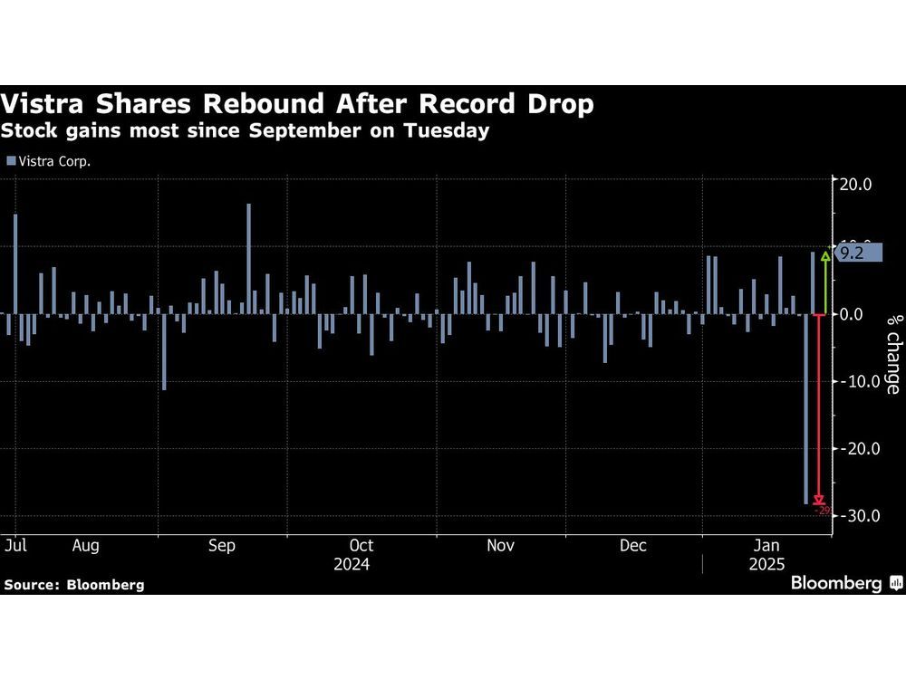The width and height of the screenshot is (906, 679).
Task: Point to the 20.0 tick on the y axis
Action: click(x=855, y=184)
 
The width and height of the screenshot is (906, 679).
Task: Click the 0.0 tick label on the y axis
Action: click(x=855, y=314)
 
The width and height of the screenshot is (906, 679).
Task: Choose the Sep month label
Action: click(x=222, y=546)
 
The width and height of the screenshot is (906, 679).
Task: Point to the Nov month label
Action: click(x=500, y=546)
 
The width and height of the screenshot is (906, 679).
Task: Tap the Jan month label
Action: click(x=768, y=546)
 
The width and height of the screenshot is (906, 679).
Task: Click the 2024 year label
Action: click(x=352, y=563)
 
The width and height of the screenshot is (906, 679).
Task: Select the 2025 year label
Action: click(x=768, y=563)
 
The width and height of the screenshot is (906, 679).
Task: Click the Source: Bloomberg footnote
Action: click(x=74, y=585)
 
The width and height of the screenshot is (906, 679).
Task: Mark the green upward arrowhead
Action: click(x=824, y=256)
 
